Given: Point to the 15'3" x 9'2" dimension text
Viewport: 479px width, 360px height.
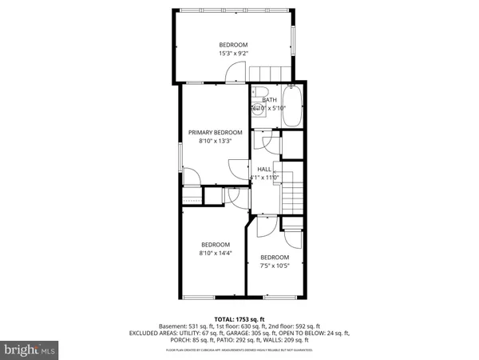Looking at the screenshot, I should tap(234, 54).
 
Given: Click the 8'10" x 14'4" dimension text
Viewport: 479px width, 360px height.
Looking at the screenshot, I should tap(215, 254).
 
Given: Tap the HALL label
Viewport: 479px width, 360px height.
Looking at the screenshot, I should tap(263, 168).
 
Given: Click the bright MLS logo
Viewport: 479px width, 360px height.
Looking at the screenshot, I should tap(30, 349).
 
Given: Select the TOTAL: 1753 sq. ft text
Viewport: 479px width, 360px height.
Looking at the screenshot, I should tap(239, 318).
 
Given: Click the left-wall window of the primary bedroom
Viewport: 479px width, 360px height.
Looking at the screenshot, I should tap(180, 155).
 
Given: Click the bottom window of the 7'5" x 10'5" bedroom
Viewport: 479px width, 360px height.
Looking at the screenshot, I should tap(275, 298).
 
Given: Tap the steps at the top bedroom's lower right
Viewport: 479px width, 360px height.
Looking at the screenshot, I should tap(268, 74).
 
